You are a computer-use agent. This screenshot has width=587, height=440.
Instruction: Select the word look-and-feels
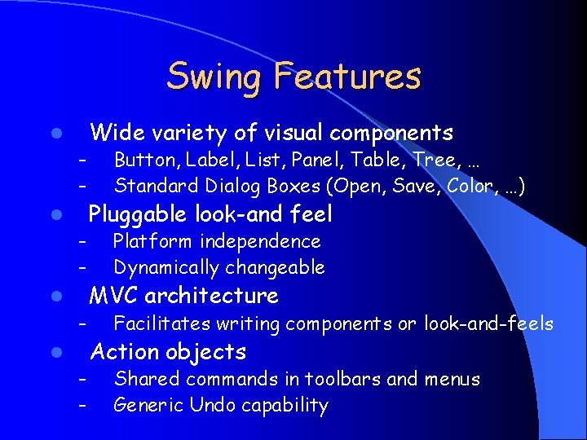[x=488, y=324]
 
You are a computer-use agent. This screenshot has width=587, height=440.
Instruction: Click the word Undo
[x=211, y=405]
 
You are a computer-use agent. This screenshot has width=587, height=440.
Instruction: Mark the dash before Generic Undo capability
[x=82, y=405]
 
